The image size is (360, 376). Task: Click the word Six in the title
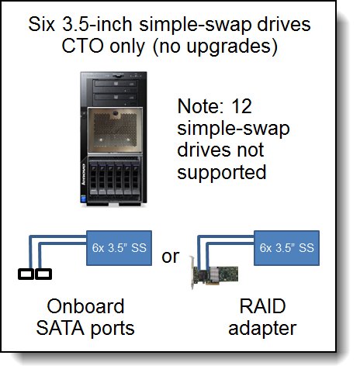(41, 24)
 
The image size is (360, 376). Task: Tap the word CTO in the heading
(82, 47)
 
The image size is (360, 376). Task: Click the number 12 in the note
(242, 106)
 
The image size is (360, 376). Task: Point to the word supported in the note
(222, 173)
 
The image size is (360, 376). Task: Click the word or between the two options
(171, 257)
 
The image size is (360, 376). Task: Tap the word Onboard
(85, 306)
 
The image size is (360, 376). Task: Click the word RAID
(262, 306)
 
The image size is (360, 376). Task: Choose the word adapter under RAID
(262, 329)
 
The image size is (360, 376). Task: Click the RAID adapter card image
(214, 273)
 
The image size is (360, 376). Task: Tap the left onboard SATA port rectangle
(26, 274)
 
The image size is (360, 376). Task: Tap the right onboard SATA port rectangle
(43, 274)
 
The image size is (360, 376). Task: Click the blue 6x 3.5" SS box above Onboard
(119, 248)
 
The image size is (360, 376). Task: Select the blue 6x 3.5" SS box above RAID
(286, 248)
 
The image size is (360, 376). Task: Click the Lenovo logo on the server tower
(84, 174)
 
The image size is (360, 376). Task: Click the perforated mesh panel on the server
(115, 131)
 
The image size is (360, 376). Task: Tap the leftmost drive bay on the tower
(94, 178)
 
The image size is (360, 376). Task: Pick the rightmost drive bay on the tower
(135, 178)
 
